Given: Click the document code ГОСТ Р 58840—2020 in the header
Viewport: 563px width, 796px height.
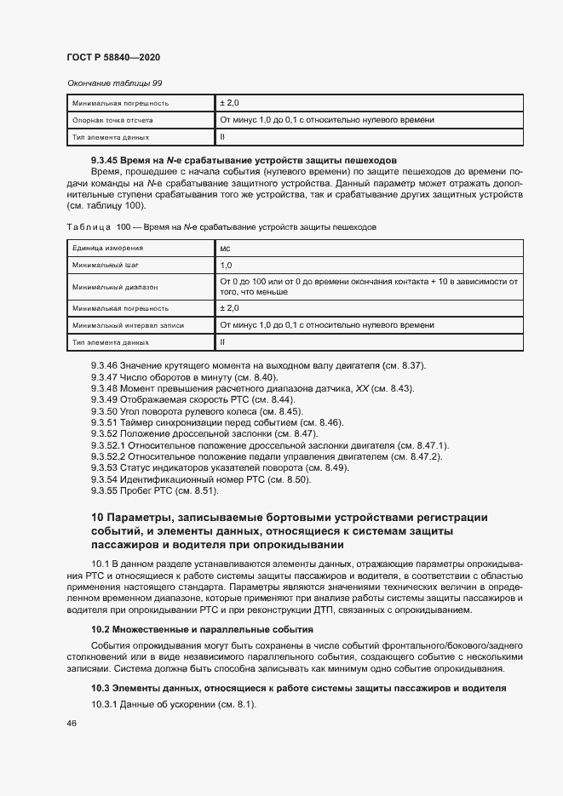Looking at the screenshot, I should pyautogui.click(x=113, y=56).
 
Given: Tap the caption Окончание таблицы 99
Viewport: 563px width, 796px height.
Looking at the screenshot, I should pyautogui.click(x=113, y=83).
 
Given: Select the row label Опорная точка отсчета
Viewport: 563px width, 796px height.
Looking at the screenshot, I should pyautogui.click(x=112, y=120).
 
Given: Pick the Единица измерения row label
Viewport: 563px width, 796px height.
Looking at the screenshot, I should pyautogui.click(x=107, y=248).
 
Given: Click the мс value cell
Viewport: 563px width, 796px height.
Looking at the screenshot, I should pyautogui.click(x=225, y=249).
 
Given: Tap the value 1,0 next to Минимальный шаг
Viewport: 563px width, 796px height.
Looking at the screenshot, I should pyautogui.click(x=226, y=266).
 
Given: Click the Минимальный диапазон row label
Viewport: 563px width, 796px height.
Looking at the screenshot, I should pyautogui.click(x=116, y=287).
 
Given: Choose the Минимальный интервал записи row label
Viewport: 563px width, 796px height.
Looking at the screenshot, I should pyautogui.click(x=128, y=325).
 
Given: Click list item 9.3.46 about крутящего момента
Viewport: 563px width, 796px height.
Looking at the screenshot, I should pyautogui.click(x=257, y=366).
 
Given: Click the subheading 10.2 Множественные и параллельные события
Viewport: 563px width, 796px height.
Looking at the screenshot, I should pyautogui.click(x=203, y=629).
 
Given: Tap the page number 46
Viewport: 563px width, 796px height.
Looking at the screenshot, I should pyautogui.click(x=72, y=723).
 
